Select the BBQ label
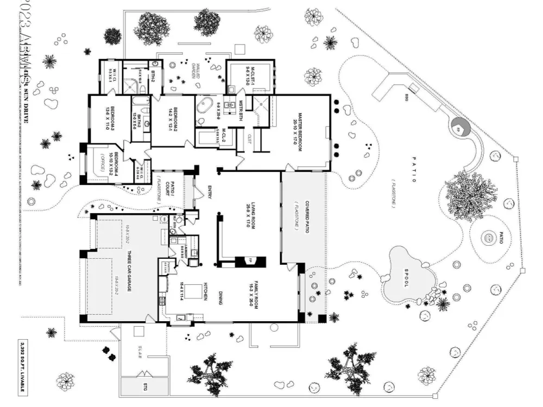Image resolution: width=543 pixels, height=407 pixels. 406,98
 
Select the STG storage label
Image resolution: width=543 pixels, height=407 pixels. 146,387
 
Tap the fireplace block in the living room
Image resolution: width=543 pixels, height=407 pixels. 250,262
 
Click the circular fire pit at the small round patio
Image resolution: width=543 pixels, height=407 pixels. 488,238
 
